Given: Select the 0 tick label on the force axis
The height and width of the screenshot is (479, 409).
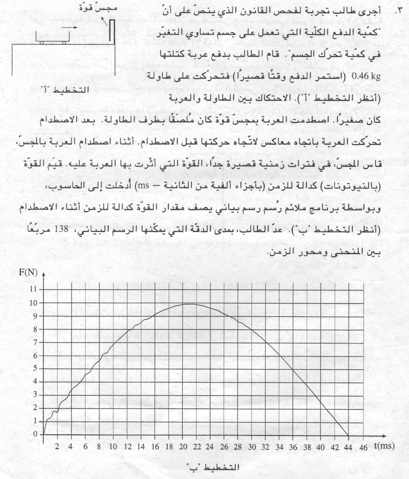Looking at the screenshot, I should pos(35,434).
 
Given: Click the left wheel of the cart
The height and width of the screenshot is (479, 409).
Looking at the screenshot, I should pos(41,43).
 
